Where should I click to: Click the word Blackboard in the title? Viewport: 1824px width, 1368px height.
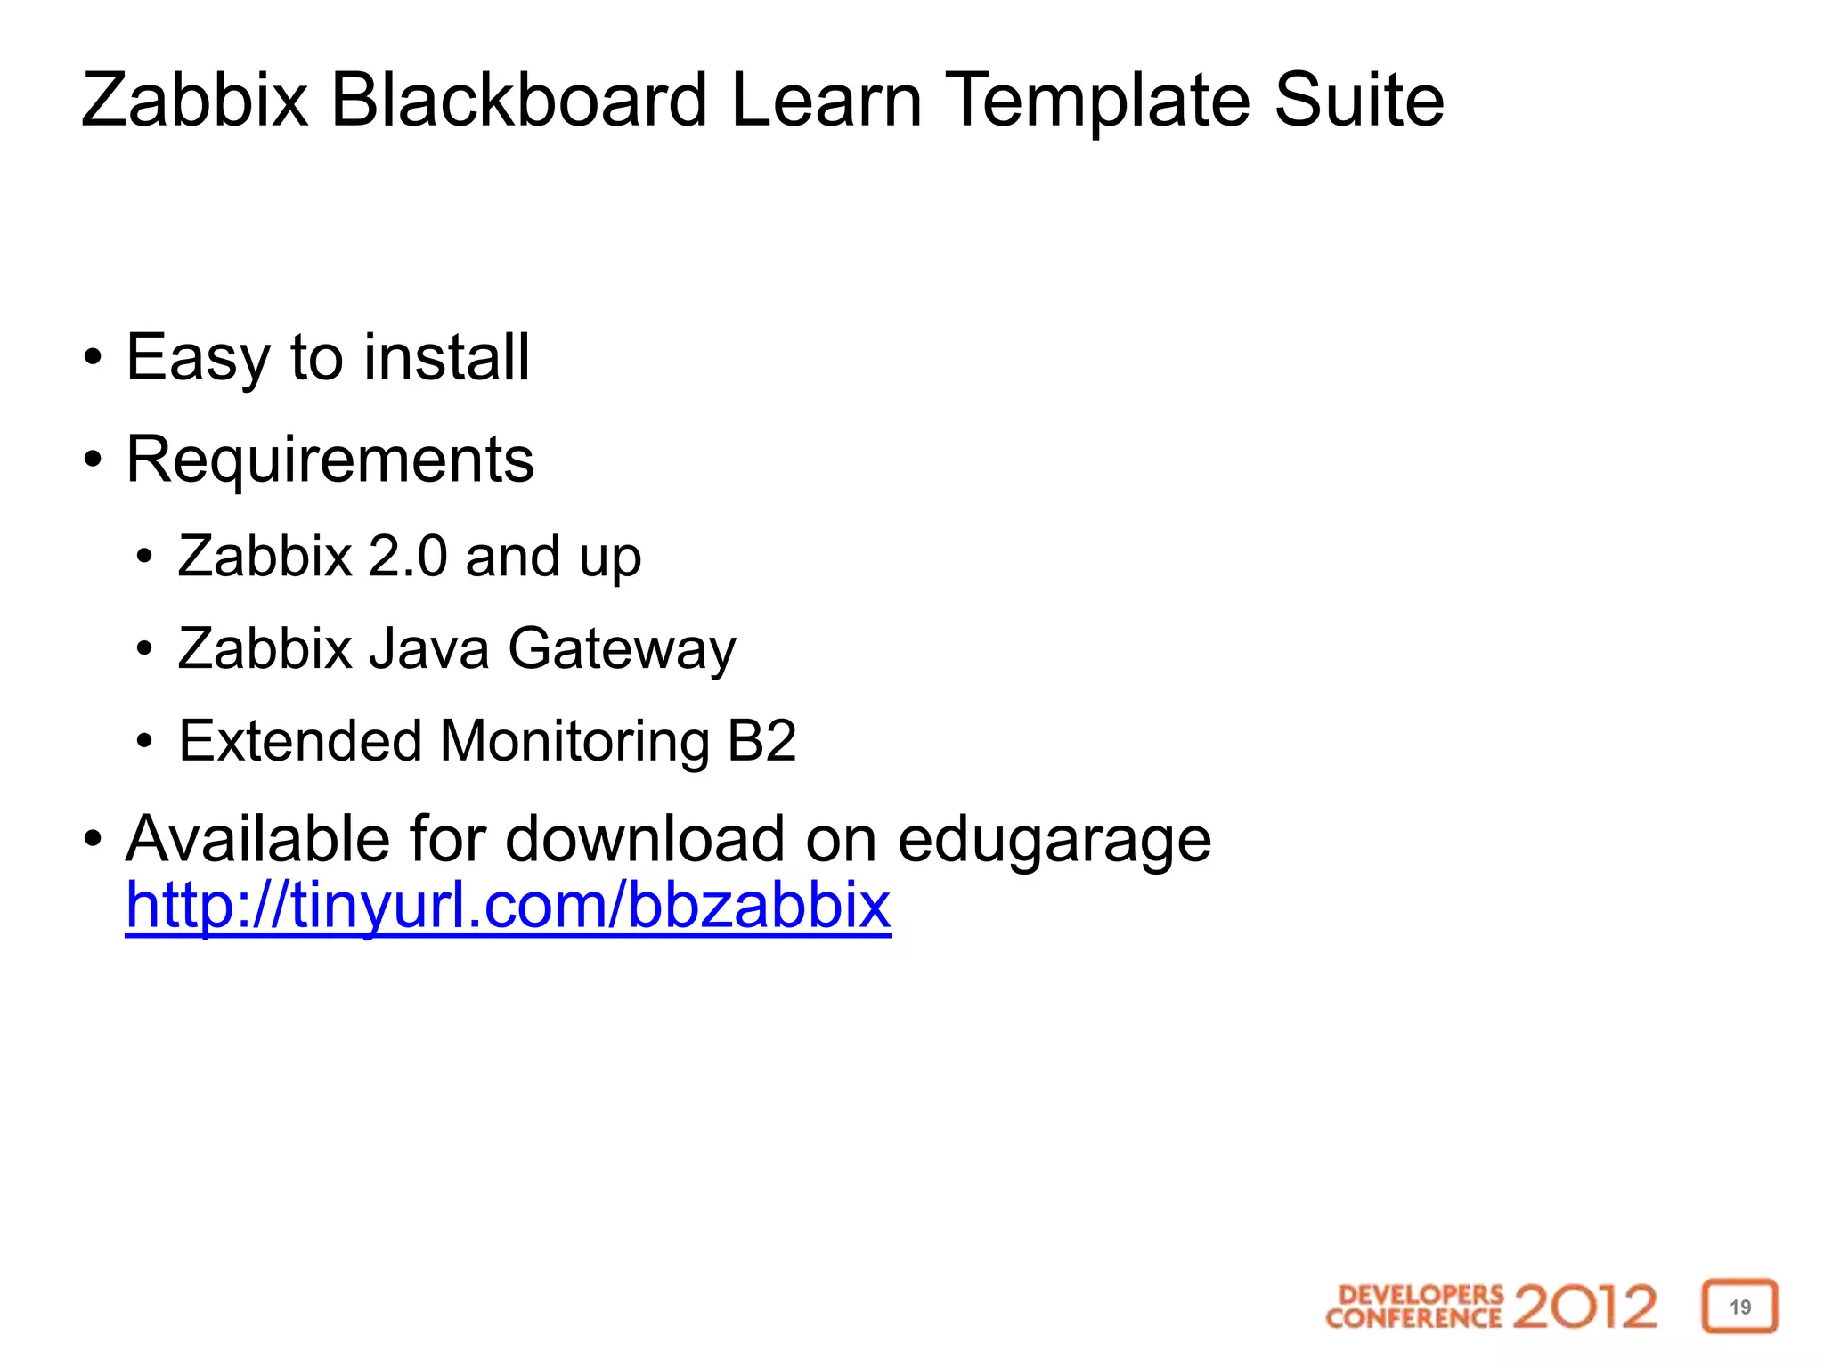point(519,100)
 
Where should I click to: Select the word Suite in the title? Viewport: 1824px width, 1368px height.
point(1359,100)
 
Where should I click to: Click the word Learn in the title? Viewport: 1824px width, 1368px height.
point(826,100)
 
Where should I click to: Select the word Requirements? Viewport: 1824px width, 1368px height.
point(330,460)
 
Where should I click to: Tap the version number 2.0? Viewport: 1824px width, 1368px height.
point(407,557)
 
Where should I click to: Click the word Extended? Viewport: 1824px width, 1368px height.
point(300,740)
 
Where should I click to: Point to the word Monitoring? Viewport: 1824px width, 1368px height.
point(574,742)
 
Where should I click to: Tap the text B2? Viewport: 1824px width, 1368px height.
point(761,740)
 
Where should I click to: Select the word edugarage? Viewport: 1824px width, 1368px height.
point(1054,841)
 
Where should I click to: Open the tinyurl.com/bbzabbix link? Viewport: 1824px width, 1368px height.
point(508,906)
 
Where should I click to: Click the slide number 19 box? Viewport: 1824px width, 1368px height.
point(1739,1307)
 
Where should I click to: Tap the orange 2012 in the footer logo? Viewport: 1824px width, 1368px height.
point(1584,1307)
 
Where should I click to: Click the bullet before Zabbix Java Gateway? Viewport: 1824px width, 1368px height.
point(144,649)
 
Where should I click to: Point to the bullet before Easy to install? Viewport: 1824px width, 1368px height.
point(93,358)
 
